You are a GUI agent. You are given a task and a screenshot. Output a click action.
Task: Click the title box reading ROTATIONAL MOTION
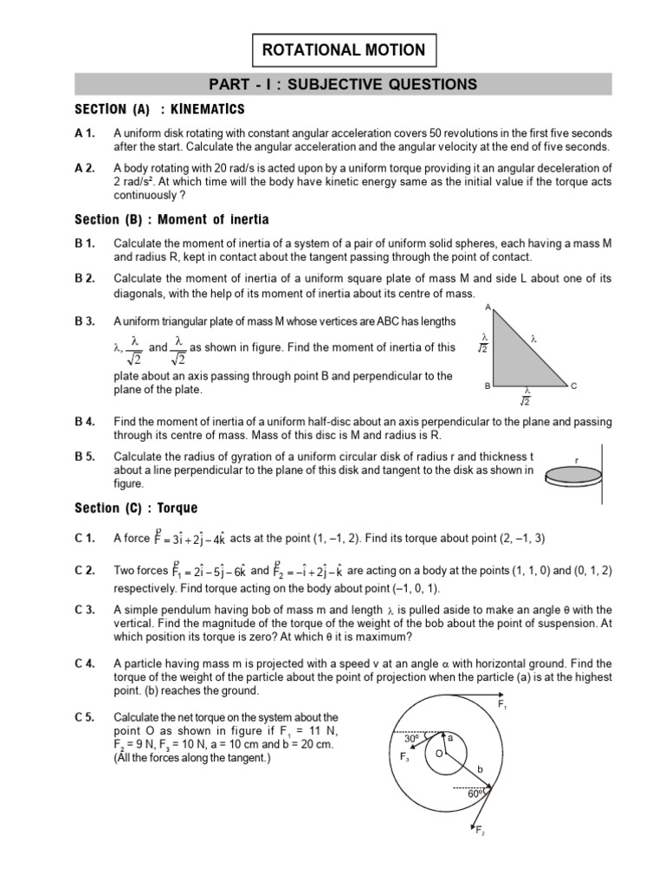(344, 50)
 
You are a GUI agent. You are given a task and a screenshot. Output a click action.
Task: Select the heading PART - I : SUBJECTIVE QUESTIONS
(344, 84)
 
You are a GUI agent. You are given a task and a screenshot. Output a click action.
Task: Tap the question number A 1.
(84, 133)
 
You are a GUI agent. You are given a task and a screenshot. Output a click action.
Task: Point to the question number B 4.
(85, 422)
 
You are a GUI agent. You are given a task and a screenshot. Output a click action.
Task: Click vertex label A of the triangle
(487, 308)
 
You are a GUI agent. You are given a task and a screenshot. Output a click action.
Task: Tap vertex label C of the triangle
(573, 385)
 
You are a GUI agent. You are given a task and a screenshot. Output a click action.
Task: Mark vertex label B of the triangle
(487, 385)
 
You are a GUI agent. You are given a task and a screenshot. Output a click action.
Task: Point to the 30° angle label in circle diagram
(411, 739)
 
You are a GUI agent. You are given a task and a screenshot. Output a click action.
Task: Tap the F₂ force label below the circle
(480, 832)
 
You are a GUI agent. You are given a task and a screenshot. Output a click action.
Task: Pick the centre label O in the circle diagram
(438, 754)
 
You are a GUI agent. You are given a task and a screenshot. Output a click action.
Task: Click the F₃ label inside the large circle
(404, 756)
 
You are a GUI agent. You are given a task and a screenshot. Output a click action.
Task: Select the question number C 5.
(85, 718)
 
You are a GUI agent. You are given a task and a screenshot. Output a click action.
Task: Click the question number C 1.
(85, 539)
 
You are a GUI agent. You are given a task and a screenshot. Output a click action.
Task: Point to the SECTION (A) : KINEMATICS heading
(159, 109)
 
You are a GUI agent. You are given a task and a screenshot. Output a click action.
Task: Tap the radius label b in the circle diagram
(478, 767)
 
